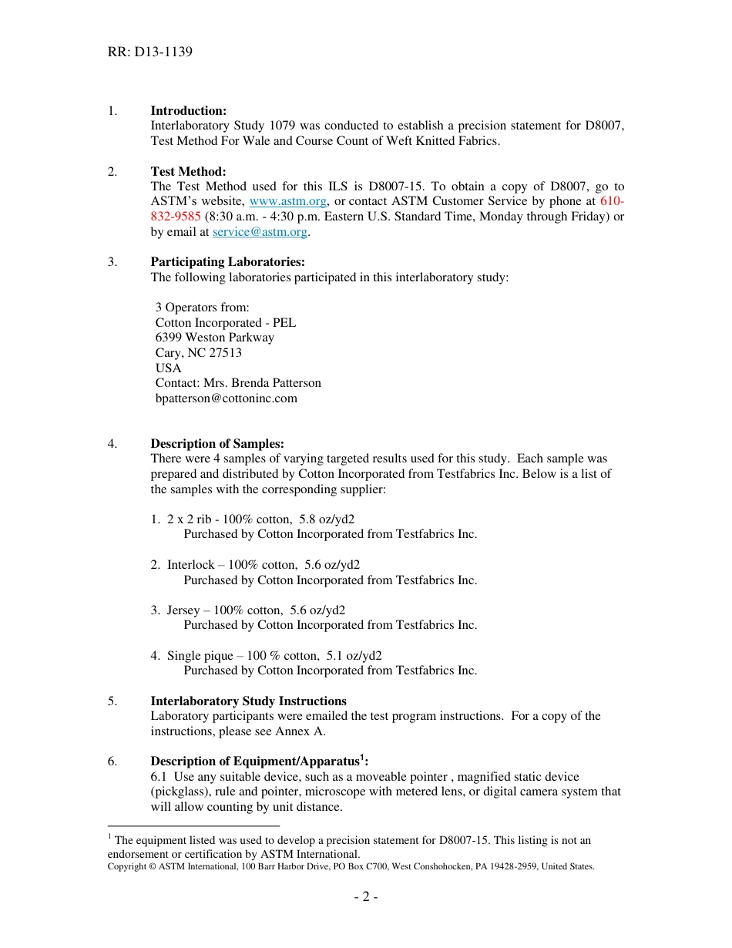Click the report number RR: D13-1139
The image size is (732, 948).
[150, 52]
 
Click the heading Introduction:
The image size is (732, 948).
[188, 111]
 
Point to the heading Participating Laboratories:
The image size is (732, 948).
[227, 262]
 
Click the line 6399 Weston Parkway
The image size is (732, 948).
[215, 338]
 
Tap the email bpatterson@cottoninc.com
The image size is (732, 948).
[227, 398]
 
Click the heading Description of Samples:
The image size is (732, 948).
[217, 444]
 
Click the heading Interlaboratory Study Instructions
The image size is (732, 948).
[248, 701]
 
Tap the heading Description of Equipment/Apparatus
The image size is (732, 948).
[254, 762]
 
